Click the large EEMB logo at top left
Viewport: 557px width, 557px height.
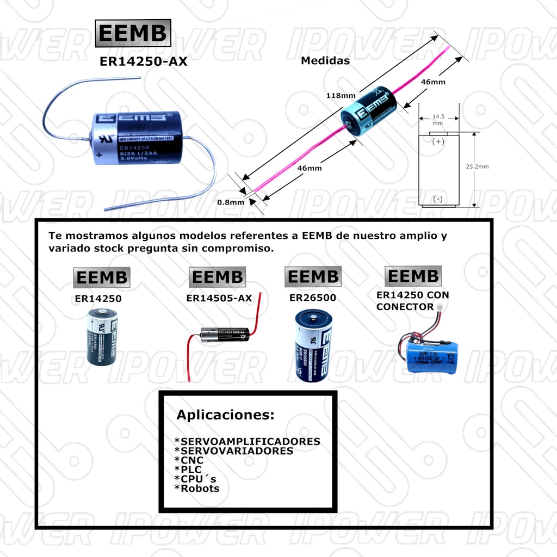(x=133, y=34)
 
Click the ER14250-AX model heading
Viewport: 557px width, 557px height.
(x=143, y=61)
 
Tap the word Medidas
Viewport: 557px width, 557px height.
(x=325, y=61)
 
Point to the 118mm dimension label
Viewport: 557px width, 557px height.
(x=341, y=96)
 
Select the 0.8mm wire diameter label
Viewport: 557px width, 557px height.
(x=231, y=202)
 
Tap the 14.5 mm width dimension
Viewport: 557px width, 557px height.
(x=437, y=120)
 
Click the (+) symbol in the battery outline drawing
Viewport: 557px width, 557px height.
(x=438, y=141)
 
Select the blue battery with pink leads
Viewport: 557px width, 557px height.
(x=367, y=113)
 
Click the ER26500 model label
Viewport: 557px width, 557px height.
(x=313, y=298)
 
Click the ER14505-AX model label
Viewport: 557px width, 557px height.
(x=219, y=298)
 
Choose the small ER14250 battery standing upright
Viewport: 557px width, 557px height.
(x=102, y=337)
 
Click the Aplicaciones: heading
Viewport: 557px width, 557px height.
(x=225, y=415)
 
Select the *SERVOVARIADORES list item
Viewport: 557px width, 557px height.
(x=233, y=451)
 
